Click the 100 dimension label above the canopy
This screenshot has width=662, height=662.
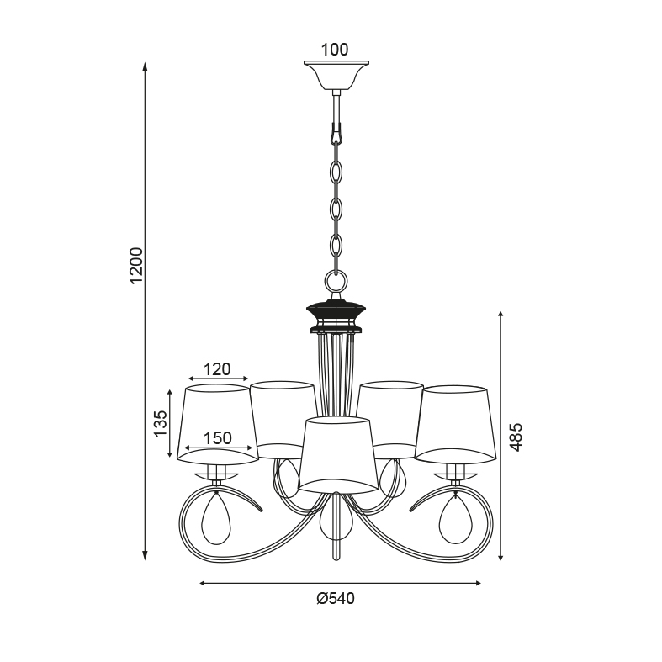click(335, 50)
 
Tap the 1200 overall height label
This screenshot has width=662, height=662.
click(137, 266)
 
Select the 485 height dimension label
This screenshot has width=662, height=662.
click(516, 437)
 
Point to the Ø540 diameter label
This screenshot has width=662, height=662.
click(336, 598)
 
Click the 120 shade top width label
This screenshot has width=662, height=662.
click(217, 369)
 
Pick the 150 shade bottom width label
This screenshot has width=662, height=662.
click(218, 438)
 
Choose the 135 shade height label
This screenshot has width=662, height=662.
click(161, 423)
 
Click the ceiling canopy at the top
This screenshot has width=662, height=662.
click(336, 76)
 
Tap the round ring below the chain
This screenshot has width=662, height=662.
click(336, 280)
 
